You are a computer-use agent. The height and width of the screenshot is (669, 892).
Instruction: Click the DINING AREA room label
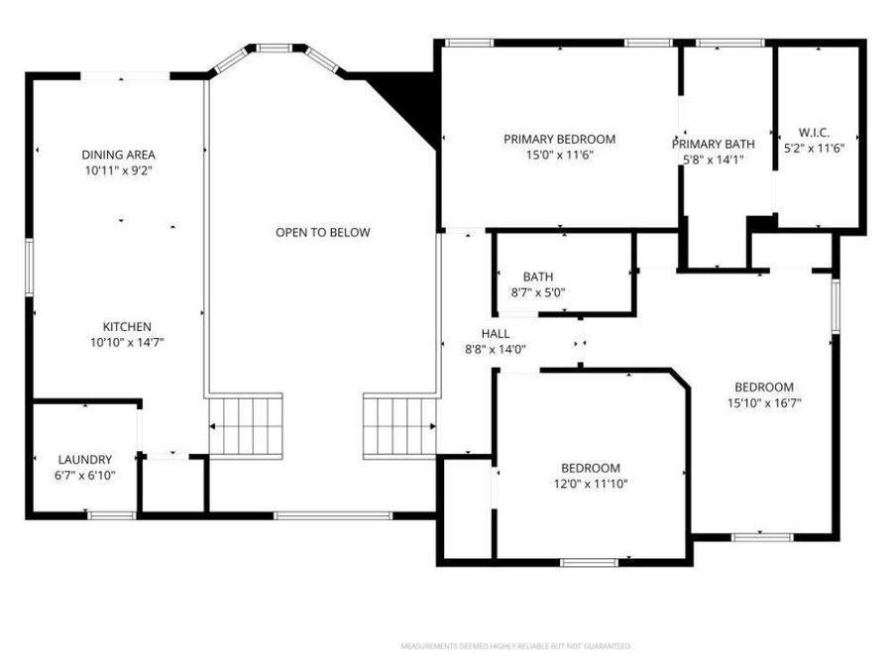pyautogui.click(x=119, y=155)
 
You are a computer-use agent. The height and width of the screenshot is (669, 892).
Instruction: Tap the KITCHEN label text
pyautogui.click(x=127, y=327)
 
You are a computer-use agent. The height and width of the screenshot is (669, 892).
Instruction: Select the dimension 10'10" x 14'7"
pyautogui.click(x=127, y=343)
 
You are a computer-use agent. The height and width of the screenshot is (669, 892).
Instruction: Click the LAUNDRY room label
pyautogui.click(x=85, y=460)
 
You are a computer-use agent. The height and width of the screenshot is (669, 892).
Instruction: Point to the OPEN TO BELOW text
pyautogui.click(x=322, y=233)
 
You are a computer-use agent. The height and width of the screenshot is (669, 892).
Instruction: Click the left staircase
pyautogui.click(x=247, y=425)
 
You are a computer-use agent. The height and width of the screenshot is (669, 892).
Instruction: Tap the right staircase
pyautogui.click(x=399, y=425)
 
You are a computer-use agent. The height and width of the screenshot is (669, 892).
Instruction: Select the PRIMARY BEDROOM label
pyautogui.click(x=559, y=140)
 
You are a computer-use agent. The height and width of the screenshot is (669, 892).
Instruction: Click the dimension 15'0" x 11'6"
pyautogui.click(x=559, y=155)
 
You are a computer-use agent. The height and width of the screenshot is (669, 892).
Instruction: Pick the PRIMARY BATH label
pyautogui.click(x=713, y=145)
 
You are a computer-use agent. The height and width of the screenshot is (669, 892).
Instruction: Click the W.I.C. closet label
pyautogui.click(x=814, y=133)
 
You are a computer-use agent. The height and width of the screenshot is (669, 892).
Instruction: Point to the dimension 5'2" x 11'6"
pyautogui.click(x=814, y=149)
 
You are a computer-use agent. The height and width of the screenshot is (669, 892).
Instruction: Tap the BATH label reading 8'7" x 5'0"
pyautogui.click(x=538, y=278)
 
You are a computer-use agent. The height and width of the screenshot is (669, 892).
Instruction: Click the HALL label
pyautogui.click(x=496, y=334)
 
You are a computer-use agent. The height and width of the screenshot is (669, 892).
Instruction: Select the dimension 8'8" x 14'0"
pyautogui.click(x=496, y=349)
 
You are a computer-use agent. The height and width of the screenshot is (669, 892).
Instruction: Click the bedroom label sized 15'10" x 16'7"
pyautogui.click(x=763, y=388)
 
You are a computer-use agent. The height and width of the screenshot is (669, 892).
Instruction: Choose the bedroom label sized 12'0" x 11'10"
pyautogui.click(x=591, y=469)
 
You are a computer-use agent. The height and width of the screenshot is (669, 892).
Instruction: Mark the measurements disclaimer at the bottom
pyautogui.click(x=515, y=646)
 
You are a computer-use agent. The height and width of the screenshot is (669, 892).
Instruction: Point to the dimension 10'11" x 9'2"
pyautogui.click(x=119, y=170)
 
